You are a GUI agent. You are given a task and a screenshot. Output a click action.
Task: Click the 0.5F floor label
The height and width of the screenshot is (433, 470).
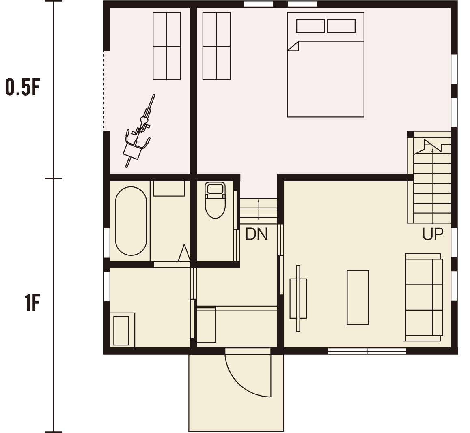[23, 87]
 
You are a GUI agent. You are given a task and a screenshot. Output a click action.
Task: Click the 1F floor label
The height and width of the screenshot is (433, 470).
[32, 303]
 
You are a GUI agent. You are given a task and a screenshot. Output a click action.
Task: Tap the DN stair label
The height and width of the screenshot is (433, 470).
[256, 234]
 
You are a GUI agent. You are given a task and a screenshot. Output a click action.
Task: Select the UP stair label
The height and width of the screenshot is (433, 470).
[433, 234]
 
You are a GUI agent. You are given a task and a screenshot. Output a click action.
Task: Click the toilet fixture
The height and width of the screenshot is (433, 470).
[215, 200]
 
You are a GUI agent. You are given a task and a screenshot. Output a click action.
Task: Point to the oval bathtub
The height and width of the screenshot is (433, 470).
[131, 221]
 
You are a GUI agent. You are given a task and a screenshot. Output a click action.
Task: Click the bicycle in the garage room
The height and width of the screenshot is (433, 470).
[139, 131]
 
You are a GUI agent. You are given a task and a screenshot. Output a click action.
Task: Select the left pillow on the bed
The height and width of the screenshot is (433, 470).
[310, 26]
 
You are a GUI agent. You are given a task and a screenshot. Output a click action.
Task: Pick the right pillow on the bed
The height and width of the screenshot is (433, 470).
[341, 26]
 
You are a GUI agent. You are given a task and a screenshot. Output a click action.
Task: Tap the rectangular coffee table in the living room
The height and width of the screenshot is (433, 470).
[358, 297]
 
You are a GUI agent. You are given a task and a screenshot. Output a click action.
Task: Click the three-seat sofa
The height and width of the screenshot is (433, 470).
[424, 297]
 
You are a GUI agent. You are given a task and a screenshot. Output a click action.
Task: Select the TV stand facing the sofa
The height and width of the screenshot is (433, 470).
[298, 298]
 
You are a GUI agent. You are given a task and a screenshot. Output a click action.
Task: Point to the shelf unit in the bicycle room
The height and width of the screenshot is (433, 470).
[167, 46]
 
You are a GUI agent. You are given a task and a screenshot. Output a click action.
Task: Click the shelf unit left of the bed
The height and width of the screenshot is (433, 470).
[216, 46]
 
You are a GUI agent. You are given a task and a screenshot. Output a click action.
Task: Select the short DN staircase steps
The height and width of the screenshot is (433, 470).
[259, 210]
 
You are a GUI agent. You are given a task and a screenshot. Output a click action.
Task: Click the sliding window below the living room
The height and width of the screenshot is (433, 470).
[367, 351]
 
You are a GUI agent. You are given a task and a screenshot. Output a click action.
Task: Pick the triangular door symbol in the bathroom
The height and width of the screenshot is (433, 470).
[184, 253]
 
